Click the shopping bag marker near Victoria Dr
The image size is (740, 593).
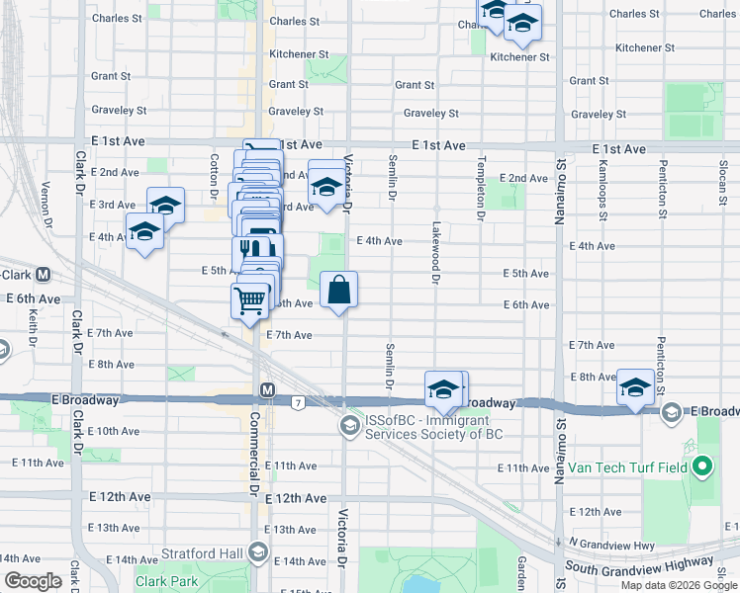tap(338, 290)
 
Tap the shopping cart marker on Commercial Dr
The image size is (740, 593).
tap(250, 299)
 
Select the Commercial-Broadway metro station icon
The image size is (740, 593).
tap(267, 390)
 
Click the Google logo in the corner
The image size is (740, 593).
tap(33, 581)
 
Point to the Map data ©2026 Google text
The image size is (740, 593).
tap(678, 585)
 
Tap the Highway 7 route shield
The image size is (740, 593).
tap(297, 401)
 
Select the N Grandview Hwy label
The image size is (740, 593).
tap(614, 544)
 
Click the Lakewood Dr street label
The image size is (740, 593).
tap(434, 252)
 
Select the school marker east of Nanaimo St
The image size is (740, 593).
tap(635, 387)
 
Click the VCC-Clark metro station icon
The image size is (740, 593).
tap(44, 275)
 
